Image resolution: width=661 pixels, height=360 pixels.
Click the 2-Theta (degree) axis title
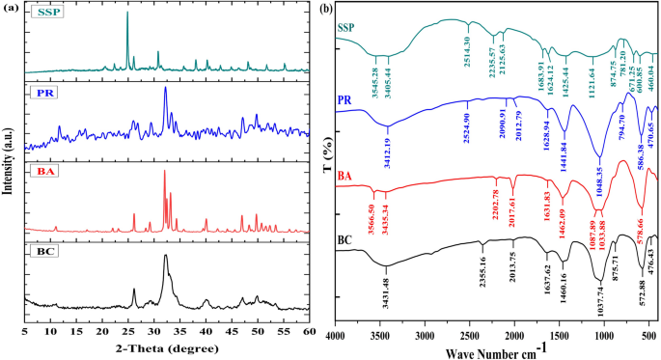(167, 346)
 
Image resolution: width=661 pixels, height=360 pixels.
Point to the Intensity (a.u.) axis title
(9, 163)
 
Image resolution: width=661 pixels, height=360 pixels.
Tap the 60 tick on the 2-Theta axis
(308, 329)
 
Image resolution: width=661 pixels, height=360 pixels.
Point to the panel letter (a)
(10, 8)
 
